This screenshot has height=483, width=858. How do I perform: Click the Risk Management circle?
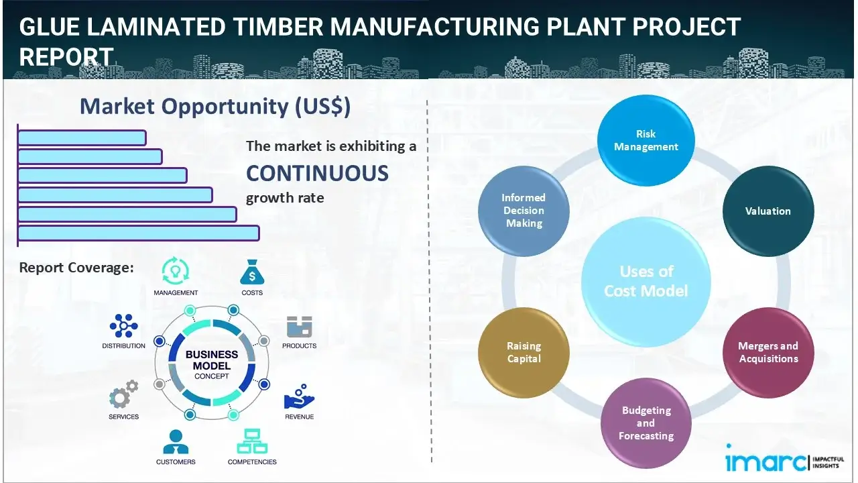(x=646, y=140)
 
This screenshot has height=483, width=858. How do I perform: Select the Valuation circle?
(x=768, y=211)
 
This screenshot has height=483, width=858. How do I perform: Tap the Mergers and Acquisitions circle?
(x=768, y=352)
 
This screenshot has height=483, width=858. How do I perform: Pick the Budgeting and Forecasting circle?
(x=646, y=423)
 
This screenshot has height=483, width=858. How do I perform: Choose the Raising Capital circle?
(x=524, y=352)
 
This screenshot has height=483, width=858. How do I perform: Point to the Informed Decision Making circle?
(x=524, y=211)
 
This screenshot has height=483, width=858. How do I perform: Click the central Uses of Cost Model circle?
(x=646, y=281)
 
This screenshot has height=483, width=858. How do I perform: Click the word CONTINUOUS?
(x=317, y=173)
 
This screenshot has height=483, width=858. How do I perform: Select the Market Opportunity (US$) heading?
(x=214, y=107)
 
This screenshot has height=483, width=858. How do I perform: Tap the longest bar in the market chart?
(x=138, y=233)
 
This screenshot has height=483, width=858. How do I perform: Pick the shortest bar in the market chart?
(x=82, y=138)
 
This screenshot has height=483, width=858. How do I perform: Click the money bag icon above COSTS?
(x=252, y=272)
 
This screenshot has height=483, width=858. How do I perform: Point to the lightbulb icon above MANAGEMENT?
(x=175, y=271)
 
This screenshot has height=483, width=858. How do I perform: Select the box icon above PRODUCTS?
(x=299, y=327)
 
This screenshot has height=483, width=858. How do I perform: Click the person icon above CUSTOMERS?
(x=176, y=441)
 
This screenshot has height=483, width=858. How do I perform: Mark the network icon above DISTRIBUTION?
(x=123, y=326)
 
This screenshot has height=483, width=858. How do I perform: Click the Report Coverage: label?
(x=76, y=268)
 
